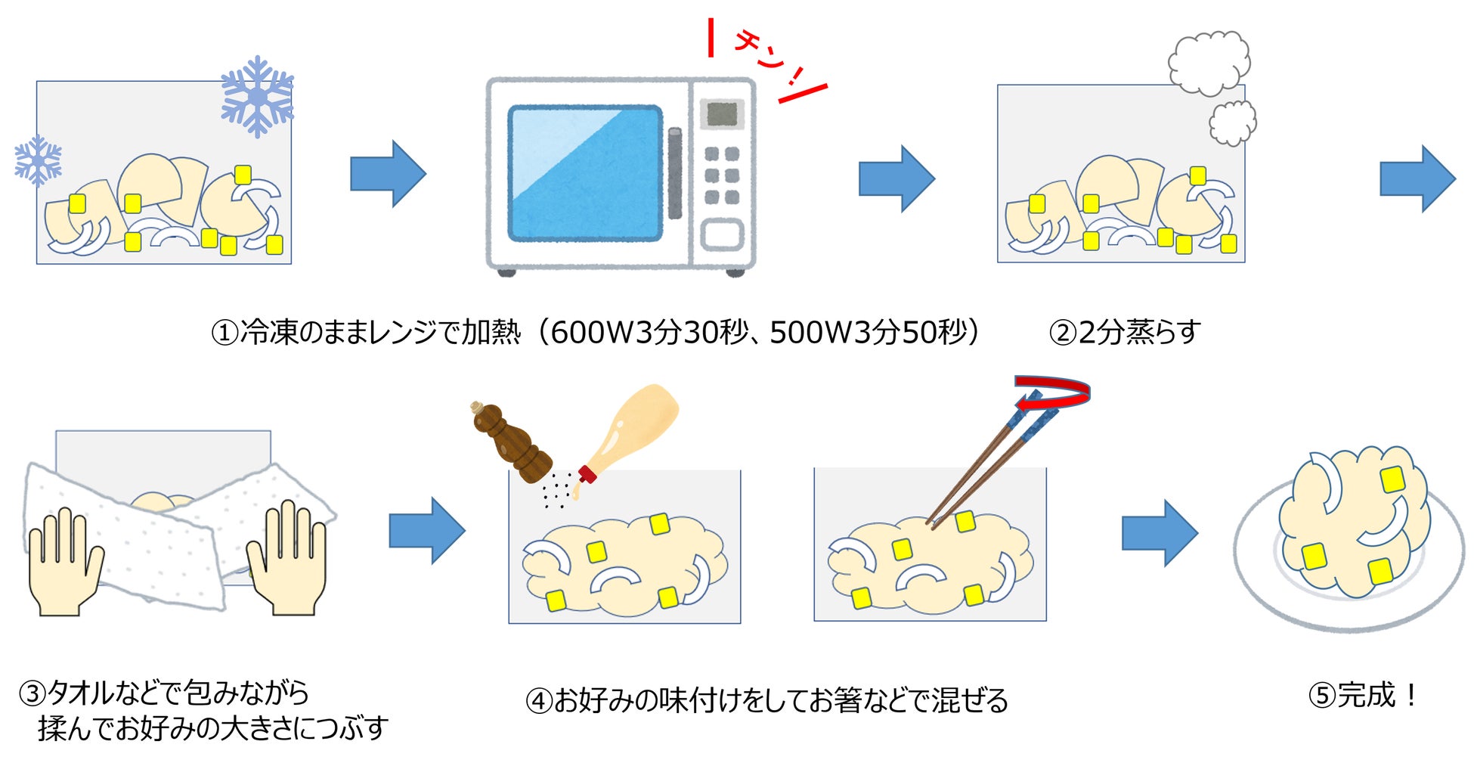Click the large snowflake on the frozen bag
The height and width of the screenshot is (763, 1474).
(257, 97)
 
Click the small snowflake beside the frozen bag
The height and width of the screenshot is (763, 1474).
(38, 160)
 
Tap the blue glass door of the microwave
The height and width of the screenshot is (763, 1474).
(584, 173)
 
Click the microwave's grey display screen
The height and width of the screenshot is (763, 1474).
(721, 114)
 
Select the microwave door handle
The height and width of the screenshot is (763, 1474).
(674, 173)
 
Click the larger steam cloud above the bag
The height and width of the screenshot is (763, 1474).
(1209, 63)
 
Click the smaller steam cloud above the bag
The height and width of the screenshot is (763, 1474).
(1232, 123)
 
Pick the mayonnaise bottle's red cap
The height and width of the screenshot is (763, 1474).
(587, 474)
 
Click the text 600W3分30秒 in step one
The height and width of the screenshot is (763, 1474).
(650, 332)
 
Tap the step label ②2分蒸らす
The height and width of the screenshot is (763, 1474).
(1125, 332)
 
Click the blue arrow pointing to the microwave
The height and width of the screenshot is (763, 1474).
(388, 174)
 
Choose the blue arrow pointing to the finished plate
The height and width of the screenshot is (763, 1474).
(1159, 533)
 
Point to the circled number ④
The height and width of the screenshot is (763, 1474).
(539, 701)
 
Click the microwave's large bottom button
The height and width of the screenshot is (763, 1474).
(722, 235)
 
